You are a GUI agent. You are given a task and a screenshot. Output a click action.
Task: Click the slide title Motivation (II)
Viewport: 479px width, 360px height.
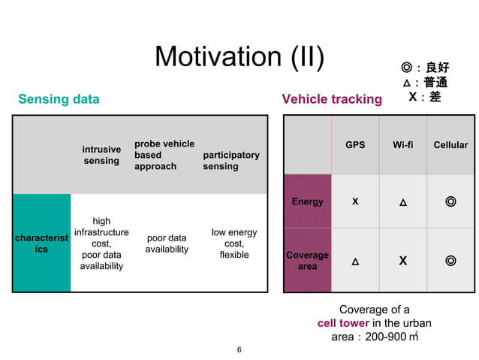pos(239,57)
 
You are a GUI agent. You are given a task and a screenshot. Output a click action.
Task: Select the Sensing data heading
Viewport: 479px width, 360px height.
pos(59,99)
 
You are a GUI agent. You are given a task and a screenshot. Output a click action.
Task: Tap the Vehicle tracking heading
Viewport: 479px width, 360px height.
pos(331,99)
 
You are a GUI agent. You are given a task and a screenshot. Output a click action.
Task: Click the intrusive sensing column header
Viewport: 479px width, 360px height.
pos(101,155)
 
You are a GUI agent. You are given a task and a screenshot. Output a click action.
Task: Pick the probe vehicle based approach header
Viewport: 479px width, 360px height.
pos(164,155)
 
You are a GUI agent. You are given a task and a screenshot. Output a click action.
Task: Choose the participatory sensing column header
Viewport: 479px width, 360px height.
pos(231,160)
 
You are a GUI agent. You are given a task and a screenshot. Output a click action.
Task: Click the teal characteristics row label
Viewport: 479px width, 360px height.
pos(42,244)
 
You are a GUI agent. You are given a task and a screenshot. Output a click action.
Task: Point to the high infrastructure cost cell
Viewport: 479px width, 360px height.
pos(101,244)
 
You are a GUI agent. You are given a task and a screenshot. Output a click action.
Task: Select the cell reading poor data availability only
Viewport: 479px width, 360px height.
pos(167,244)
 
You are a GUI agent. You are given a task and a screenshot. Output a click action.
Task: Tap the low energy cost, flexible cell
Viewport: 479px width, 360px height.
pos(234,244)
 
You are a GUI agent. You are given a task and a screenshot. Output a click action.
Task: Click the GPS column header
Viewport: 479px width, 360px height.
pos(355,144)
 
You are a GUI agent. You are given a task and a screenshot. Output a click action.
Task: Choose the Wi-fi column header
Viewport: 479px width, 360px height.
pos(403,144)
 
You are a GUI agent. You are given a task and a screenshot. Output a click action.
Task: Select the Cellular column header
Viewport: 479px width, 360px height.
pos(450,144)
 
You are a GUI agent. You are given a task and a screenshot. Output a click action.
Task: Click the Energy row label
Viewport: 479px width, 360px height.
pos(308,201)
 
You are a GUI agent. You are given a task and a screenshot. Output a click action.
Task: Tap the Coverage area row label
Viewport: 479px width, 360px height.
pos(308,261)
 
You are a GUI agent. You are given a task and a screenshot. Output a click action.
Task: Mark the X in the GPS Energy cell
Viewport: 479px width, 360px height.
pos(355,201)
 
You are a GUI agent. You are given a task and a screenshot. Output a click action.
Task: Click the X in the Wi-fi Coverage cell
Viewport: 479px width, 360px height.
pos(403,261)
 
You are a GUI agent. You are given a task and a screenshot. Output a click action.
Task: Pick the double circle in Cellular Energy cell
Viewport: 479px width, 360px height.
pos(450,201)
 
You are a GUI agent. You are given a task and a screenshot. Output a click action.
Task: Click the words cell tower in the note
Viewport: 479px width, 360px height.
pos(343,323)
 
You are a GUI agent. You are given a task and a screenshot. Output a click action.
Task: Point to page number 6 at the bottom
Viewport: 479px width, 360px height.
pos(239,349)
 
